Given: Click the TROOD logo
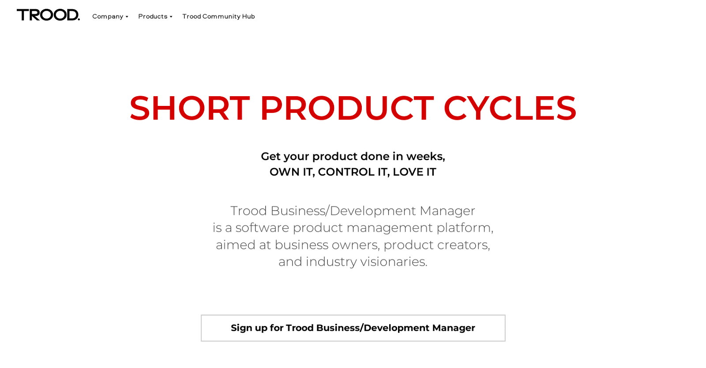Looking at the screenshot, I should [x=48, y=15].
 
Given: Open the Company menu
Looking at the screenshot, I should [x=108, y=16].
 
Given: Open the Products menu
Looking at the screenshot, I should [x=153, y=16].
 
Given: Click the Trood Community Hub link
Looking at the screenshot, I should [x=218, y=16].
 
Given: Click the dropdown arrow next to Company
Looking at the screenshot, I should [x=127, y=17].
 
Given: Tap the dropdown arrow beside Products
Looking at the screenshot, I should [x=171, y=17].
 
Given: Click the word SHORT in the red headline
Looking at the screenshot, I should [x=190, y=108].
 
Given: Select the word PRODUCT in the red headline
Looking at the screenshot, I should [x=346, y=108].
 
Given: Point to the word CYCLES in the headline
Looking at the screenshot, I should [x=510, y=108].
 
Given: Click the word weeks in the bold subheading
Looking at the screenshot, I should [x=424, y=156].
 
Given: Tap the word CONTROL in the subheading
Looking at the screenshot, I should [x=346, y=172].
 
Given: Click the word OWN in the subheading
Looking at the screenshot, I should [x=284, y=172].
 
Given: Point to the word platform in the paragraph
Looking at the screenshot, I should [x=464, y=228].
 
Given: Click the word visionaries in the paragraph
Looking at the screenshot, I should [x=393, y=262].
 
